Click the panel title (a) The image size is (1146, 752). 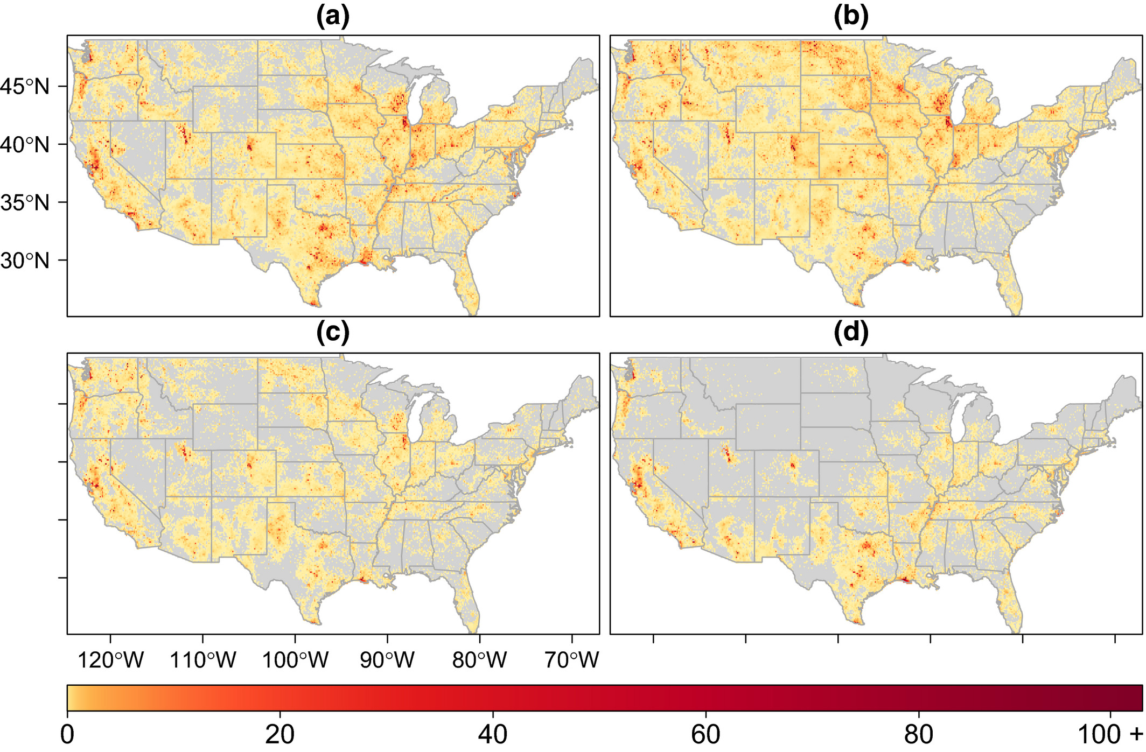click(333, 17)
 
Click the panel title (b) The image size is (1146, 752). click(851, 17)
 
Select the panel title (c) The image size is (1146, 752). click(333, 333)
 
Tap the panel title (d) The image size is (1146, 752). click(851, 333)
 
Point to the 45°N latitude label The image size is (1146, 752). click(25, 86)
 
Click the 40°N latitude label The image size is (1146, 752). click(25, 144)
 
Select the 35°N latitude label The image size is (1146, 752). click(25, 202)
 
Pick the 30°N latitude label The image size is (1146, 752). click(25, 261)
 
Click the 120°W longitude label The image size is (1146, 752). click(110, 659)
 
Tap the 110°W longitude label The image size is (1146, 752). click(203, 659)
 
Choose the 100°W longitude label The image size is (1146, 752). click(295, 659)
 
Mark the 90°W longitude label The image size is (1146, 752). click(387, 659)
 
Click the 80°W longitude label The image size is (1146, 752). click(479, 659)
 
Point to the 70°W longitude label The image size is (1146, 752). click(571, 659)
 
